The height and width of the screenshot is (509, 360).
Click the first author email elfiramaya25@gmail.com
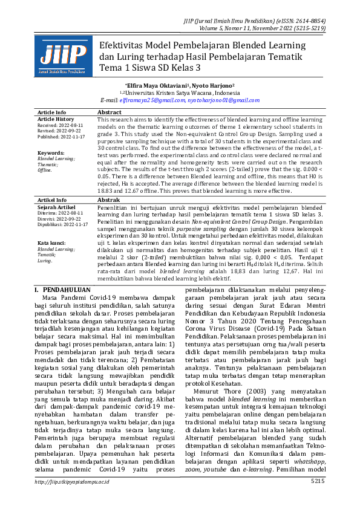click(152, 100)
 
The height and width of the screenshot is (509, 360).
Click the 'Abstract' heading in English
click(110, 112)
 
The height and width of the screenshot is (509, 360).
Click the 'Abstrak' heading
click(109, 199)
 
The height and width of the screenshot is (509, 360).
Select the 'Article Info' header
click(52, 112)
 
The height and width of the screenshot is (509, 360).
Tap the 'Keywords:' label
click(51, 153)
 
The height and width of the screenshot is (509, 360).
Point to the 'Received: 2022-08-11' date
click(61, 125)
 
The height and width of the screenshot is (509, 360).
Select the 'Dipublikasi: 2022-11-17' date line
click(63, 224)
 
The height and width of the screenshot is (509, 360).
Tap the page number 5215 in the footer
click(318, 498)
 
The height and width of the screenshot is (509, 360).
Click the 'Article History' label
click(56, 119)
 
